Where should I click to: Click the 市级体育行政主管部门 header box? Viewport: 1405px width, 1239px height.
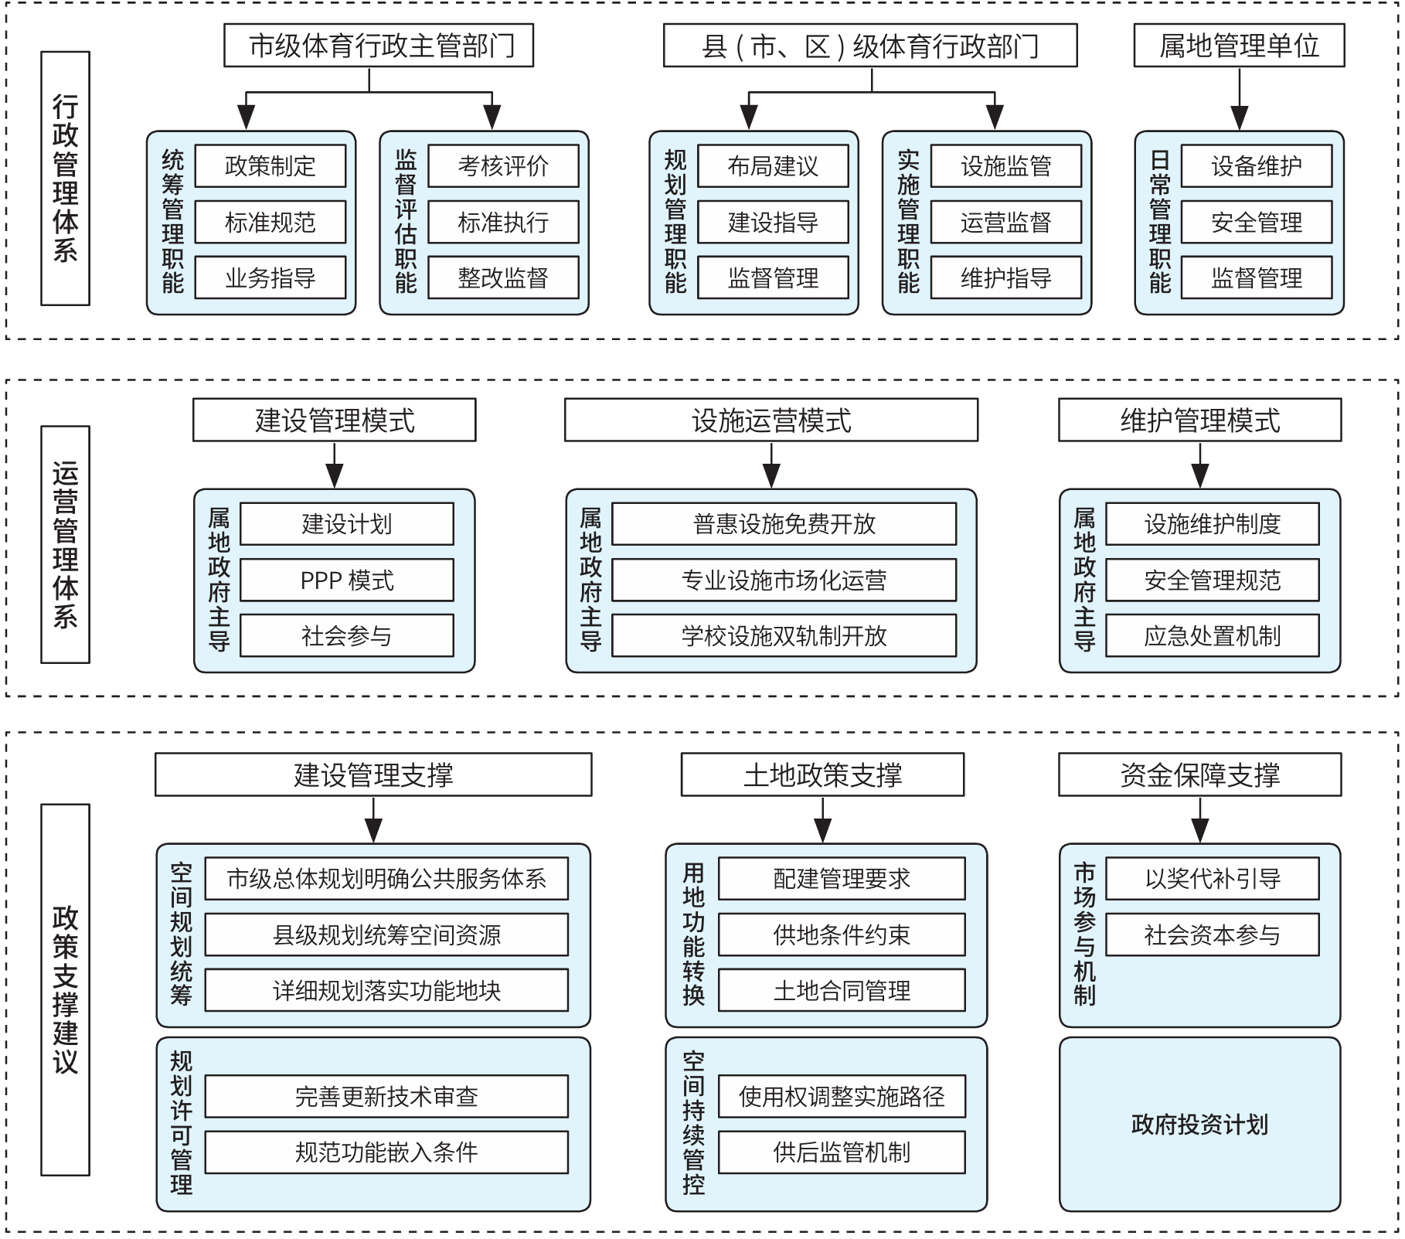click(379, 46)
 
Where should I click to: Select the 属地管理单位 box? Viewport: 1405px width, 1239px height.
click(1239, 46)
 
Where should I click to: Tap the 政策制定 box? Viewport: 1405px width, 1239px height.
click(270, 166)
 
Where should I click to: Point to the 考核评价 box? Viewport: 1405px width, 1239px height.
click(503, 166)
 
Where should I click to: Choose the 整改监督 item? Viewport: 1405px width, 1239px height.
click(503, 277)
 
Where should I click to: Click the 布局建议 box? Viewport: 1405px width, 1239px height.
click(773, 166)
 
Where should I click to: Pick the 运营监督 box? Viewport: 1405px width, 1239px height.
click(1005, 223)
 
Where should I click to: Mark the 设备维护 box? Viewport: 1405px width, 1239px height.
click(1257, 166)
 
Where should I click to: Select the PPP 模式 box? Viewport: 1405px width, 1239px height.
click(347, 580)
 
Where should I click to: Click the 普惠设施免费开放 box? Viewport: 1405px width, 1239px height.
click(784, 524)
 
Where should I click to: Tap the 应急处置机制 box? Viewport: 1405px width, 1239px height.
click(1213, 635)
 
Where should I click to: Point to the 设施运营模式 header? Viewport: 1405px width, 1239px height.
click(771, 420)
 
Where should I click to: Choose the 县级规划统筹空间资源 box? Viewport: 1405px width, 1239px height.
click(386, 934)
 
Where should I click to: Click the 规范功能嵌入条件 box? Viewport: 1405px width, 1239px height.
click(386, 1152)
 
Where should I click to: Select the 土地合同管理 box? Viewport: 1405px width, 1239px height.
click(842, 990)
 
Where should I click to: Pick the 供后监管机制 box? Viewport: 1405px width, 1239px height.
click(842, 1152)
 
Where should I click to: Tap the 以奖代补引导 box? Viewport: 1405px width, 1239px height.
click(1213, 879)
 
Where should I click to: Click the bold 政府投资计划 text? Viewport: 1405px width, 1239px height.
click(1199, 1125)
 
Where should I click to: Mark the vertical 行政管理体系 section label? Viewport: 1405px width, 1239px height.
click(66, 179)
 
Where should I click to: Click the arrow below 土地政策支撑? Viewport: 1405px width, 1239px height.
click(823, 819)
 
